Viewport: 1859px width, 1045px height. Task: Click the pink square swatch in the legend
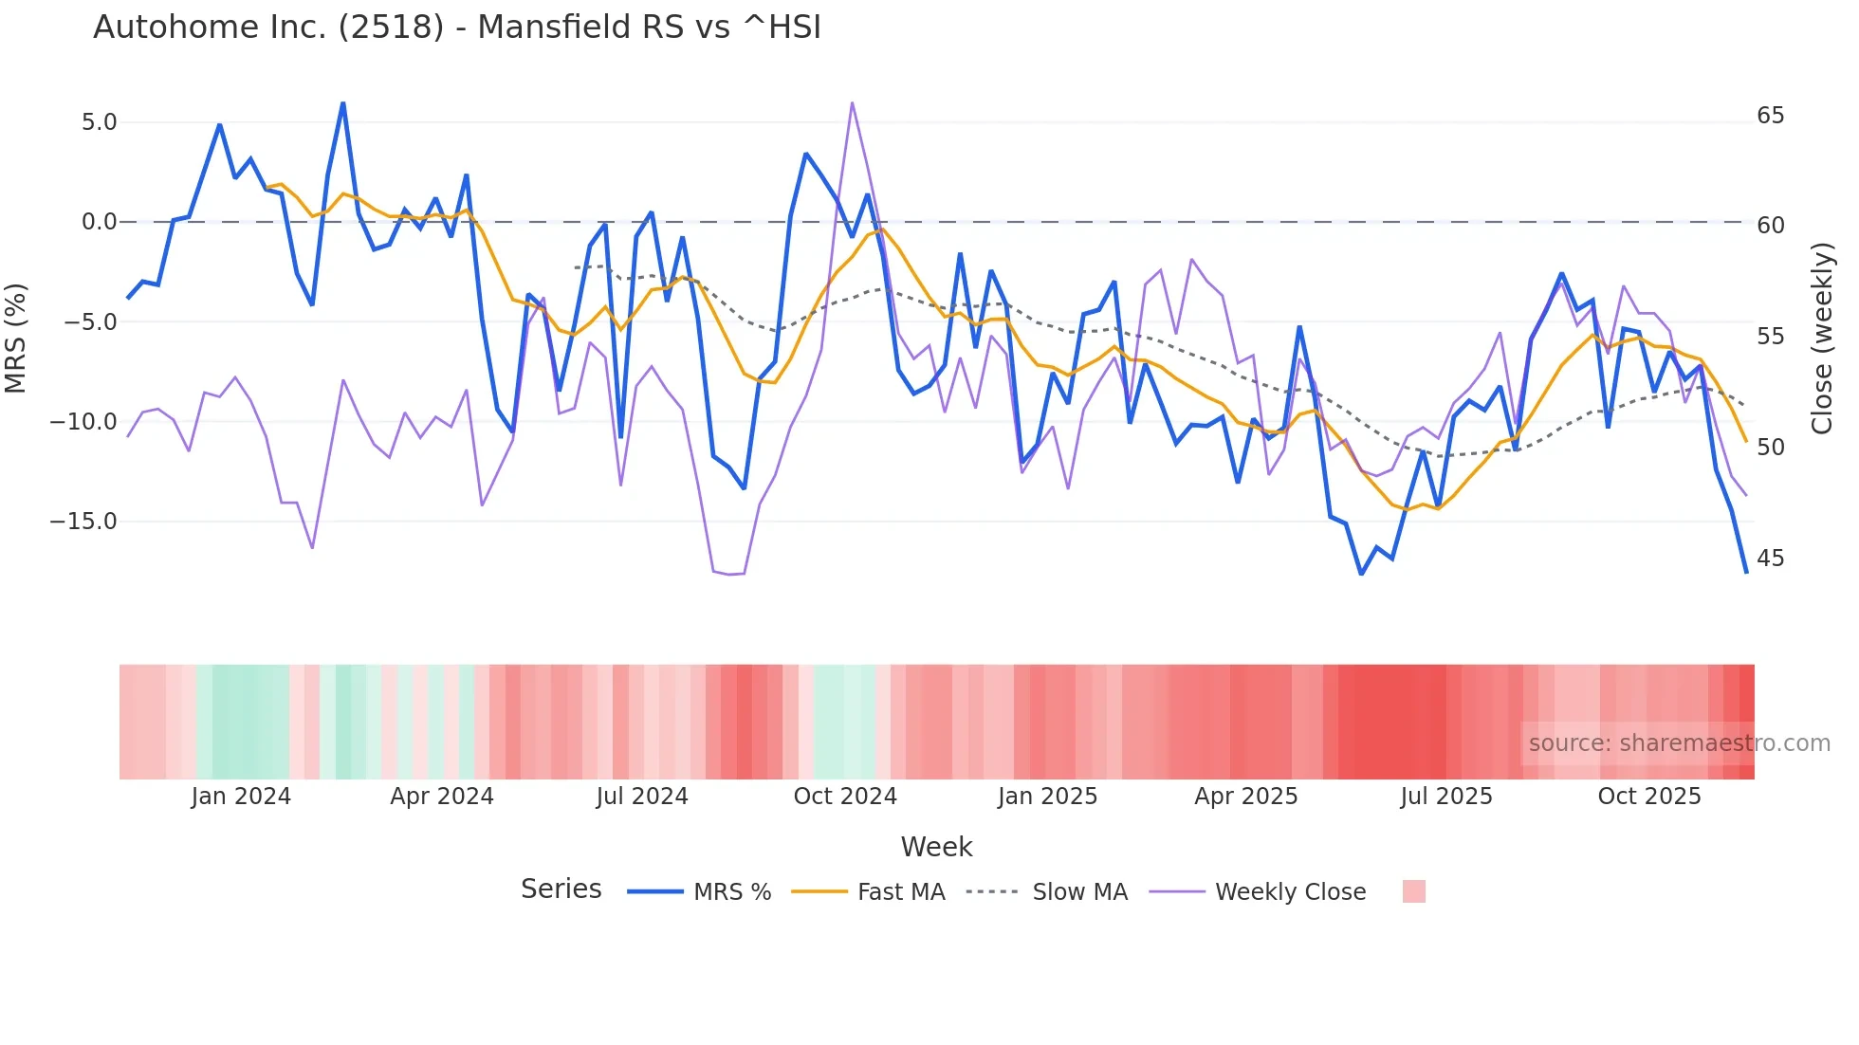click(x=1413, y=891)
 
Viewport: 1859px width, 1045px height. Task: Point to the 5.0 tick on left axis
click(x=99, y=122)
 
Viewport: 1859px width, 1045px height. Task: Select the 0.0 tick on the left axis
click(x=99, y=222)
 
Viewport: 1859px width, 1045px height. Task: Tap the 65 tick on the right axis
click(x=1770, y=116)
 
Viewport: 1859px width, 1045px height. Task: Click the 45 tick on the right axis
click(x=1770, y=559)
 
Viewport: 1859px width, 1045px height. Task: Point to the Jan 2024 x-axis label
click(x=241, y=797)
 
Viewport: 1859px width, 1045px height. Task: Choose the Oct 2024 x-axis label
click(x=845, y=797)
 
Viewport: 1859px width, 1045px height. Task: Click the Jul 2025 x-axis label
click(x=1446, y=797)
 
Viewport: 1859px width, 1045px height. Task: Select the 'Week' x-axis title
click(x=936, y=847)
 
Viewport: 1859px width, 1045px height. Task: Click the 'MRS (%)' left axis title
click(x=16, y=339)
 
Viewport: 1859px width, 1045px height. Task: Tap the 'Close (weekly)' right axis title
click(x=1821, y=339)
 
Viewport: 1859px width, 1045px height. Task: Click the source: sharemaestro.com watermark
click(x=1679, y=743)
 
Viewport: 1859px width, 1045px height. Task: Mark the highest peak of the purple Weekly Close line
click(x=852, y=102)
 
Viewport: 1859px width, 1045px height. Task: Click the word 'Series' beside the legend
click(x=561, y=889)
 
